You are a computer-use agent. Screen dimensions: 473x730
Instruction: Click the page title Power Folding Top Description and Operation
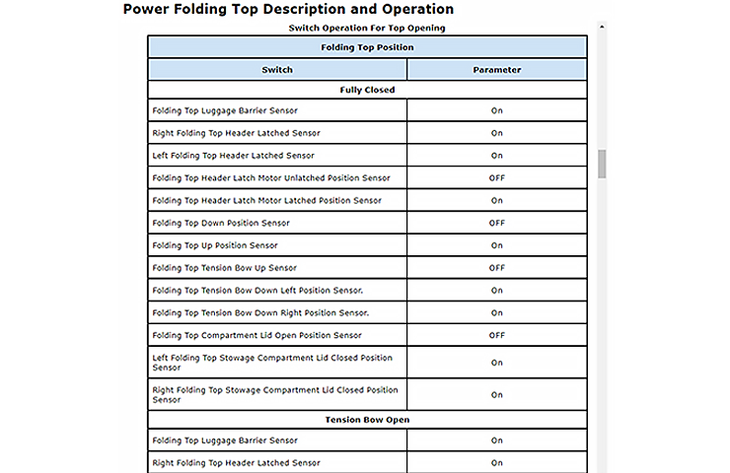pos(288,10)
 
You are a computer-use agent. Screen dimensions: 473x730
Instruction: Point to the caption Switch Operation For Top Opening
pos(367,28)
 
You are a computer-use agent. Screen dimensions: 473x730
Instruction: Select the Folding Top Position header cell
pos(367,47)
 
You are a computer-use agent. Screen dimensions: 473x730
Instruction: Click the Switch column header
pos(277,70)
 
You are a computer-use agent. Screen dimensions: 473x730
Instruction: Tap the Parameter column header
pos(496,70)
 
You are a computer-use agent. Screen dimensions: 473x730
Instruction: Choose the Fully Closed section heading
pos(367,90)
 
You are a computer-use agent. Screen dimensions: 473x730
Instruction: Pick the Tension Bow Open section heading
pos(367,420)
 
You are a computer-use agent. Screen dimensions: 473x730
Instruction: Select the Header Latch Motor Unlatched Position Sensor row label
pos(271,178)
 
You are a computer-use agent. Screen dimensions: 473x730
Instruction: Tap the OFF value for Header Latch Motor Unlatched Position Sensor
pos(496,178)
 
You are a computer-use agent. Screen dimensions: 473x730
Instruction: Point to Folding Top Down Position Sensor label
pos(221,223)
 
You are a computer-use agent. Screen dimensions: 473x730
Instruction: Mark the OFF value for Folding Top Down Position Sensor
pos(496,223)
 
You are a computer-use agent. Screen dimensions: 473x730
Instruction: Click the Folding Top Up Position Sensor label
pos(215,245)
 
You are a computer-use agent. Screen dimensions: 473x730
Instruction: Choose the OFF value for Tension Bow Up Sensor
pos(496,268)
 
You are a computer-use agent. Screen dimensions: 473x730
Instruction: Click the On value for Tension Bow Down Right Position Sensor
pos(496,313)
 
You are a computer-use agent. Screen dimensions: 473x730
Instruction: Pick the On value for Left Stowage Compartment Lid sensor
pos(496,363)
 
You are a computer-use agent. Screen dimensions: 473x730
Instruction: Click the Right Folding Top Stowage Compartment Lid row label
pos(275,395)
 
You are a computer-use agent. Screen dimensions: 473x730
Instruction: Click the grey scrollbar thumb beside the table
pos(602,164)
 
